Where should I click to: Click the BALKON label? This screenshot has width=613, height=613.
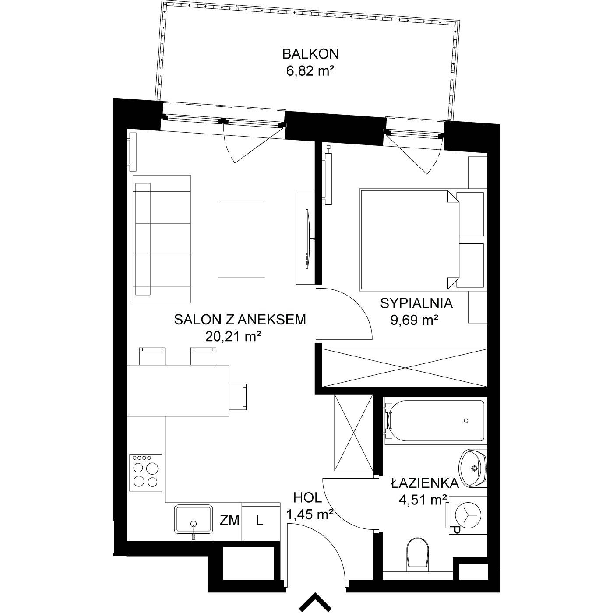tap(310, 54)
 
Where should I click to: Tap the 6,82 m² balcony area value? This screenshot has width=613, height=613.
tap(310, 71)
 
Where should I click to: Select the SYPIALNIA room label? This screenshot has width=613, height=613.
tap(416, 303)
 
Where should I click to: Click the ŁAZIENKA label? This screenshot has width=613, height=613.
tap(425, 483)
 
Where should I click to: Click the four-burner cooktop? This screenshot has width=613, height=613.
tap(146, 473)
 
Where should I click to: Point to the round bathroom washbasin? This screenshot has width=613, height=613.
tap(473, 468)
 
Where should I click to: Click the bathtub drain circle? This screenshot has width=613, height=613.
tap(466, 420)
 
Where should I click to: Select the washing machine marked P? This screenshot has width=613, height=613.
tap(468, 515)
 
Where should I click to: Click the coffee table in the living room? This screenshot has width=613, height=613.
tap(241, 239)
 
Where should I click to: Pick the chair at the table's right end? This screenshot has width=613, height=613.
tap(238, 397)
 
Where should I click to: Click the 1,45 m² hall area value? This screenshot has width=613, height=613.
tap(310, 514)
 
